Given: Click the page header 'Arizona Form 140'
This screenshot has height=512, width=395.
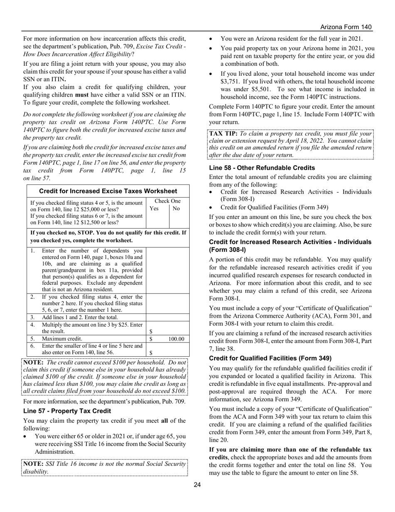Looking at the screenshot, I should (x=346, y=27).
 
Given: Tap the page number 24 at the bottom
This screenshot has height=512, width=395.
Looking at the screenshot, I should (x=197, y=485).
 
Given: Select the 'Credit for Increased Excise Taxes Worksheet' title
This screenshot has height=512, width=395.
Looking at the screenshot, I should (x=108, y=191).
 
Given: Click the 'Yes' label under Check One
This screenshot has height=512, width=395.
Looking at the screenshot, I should (x=154, y=209).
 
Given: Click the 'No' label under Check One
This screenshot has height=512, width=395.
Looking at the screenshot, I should (x=176, y=209).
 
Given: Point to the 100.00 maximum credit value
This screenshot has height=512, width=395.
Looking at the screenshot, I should (x=176, y=339).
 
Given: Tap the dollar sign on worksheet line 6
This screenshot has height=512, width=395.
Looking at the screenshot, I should (x=151, y=352).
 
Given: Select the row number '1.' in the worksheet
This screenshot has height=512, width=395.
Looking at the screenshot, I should (x=33, y=251).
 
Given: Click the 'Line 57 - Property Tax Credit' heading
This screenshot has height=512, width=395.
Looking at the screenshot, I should (x=67, y=411).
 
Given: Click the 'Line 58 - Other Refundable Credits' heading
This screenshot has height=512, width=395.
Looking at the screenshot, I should (x=262, y=168).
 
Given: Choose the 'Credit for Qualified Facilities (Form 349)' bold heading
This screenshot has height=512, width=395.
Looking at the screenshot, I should (x=270, y=358).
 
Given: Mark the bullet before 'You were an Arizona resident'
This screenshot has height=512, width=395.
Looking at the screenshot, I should (x=211, y=39).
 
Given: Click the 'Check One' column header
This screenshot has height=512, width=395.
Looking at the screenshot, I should (x=167, y=201).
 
